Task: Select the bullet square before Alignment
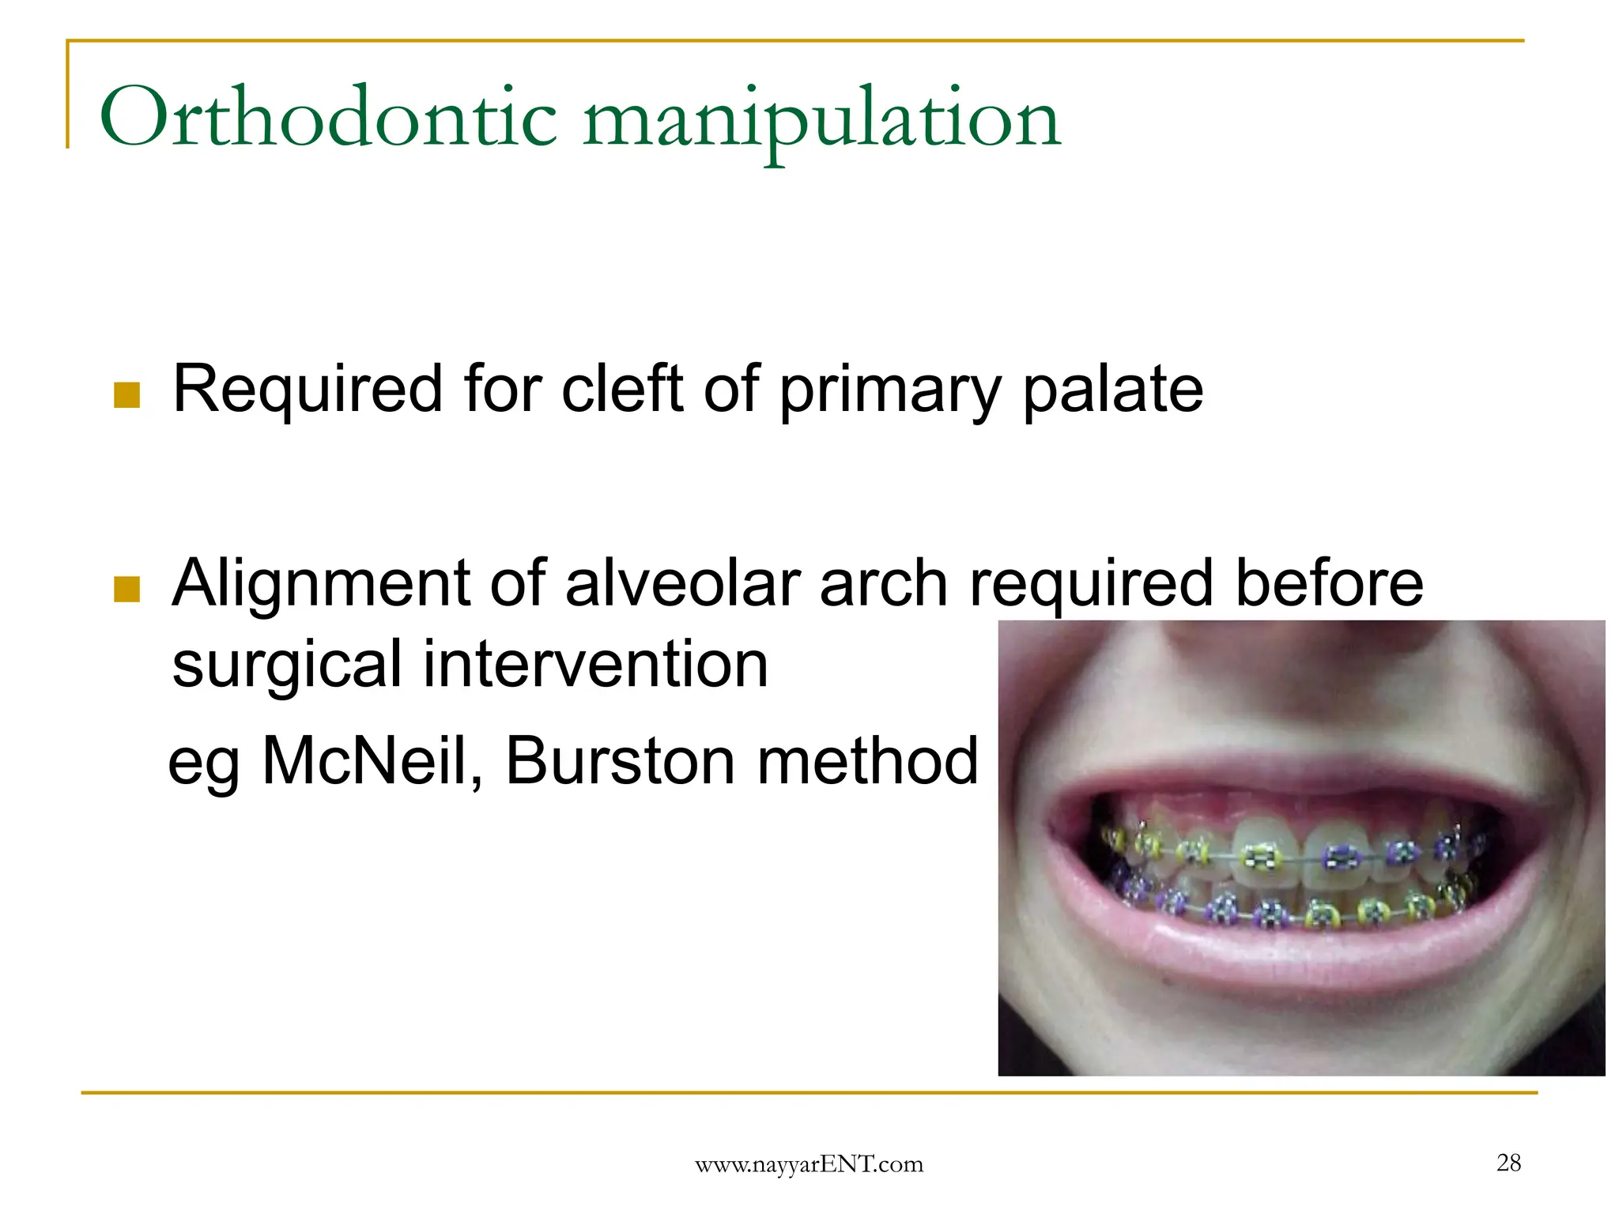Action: pyautogui.click(x=126, y=589)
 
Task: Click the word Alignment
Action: pyautogui.click(x=321, y=585)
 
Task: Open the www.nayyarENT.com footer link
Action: pyautogui.click(x=809, y=1163)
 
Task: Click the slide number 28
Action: pyautogui.click(x=1508, y=1162)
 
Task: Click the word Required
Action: pyautogui.click(x=308, y=390)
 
